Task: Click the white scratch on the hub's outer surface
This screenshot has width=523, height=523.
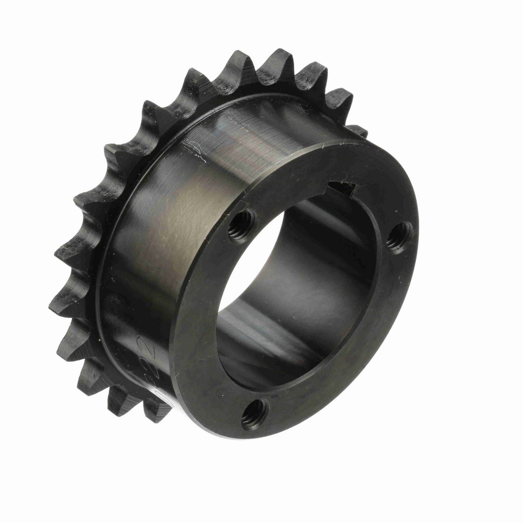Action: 192,146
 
